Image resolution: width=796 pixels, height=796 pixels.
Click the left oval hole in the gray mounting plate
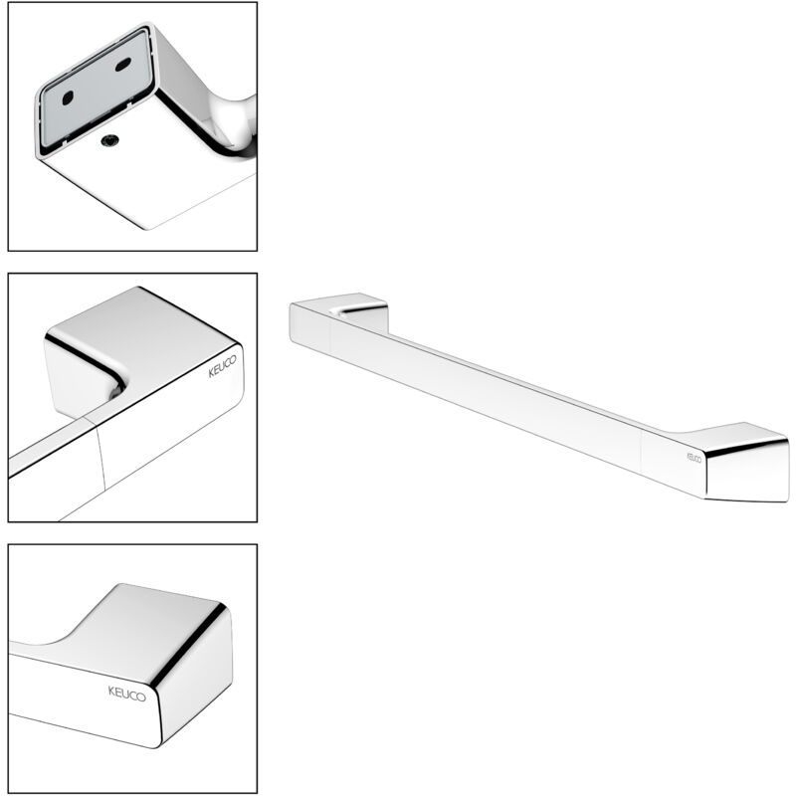pyautogui.click(x=68, y=98)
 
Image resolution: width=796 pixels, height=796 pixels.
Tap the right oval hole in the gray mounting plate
pyautogui.click(x=123, y=65)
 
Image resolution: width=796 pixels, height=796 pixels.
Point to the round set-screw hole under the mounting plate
pyautogui.click(x=108, y=141)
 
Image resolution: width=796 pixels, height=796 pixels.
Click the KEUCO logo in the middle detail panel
pyautogui.click(x=222, y=366)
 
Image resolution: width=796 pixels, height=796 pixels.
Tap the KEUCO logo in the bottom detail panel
pyautogui.click(x=127, y=694)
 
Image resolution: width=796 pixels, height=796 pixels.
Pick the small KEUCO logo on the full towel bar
pyautogui.click(x=694, y=458)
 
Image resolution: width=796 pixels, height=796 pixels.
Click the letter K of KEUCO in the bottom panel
pyautogui.click(x=112, y=691)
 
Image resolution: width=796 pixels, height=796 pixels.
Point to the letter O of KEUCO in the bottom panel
pyautogui.click(x=141, y=696)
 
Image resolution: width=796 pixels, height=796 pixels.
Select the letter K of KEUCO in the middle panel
pyautogui.click(x=212, y=374)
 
